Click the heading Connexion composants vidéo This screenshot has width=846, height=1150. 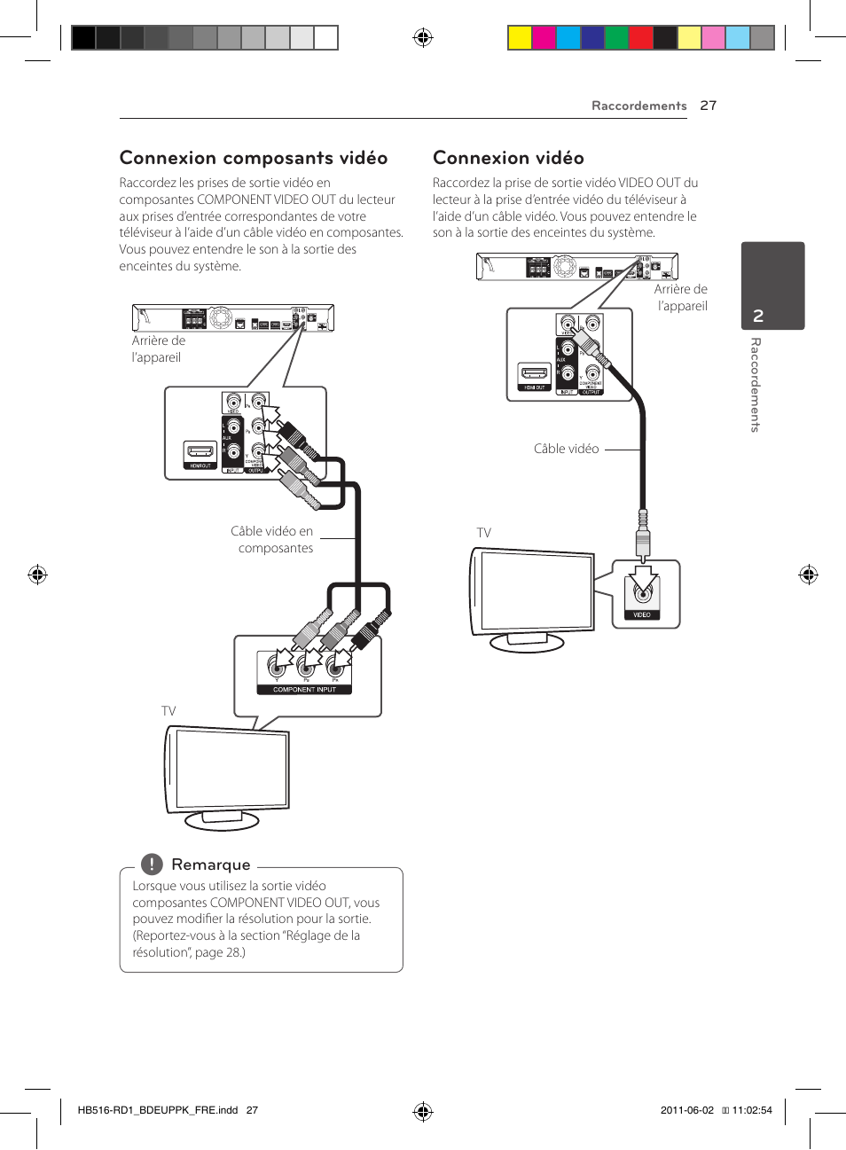[254, 158]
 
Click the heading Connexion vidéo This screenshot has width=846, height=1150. [508, 158]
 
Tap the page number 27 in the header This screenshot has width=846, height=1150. [708, 106]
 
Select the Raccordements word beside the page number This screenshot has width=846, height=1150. [638, 106]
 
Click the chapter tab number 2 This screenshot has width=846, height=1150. [758, 316]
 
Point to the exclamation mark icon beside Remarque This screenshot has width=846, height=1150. [152, 864]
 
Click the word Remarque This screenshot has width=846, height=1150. [211, 864]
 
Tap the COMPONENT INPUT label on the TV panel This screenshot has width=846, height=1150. [304, 689]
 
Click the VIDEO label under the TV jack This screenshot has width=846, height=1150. [642, 614]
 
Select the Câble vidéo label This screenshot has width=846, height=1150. [566, 449]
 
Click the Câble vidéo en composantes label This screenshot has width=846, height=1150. [272, 539]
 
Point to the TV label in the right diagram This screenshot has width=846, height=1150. [483, 533]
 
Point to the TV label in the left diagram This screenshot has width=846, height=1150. [168, 711]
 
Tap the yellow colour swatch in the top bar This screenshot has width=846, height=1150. [519, 37]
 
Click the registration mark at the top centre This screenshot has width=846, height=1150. [423, 37]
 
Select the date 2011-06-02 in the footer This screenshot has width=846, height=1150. [686, 1110]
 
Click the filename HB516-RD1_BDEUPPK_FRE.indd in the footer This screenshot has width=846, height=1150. [158, 1110]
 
